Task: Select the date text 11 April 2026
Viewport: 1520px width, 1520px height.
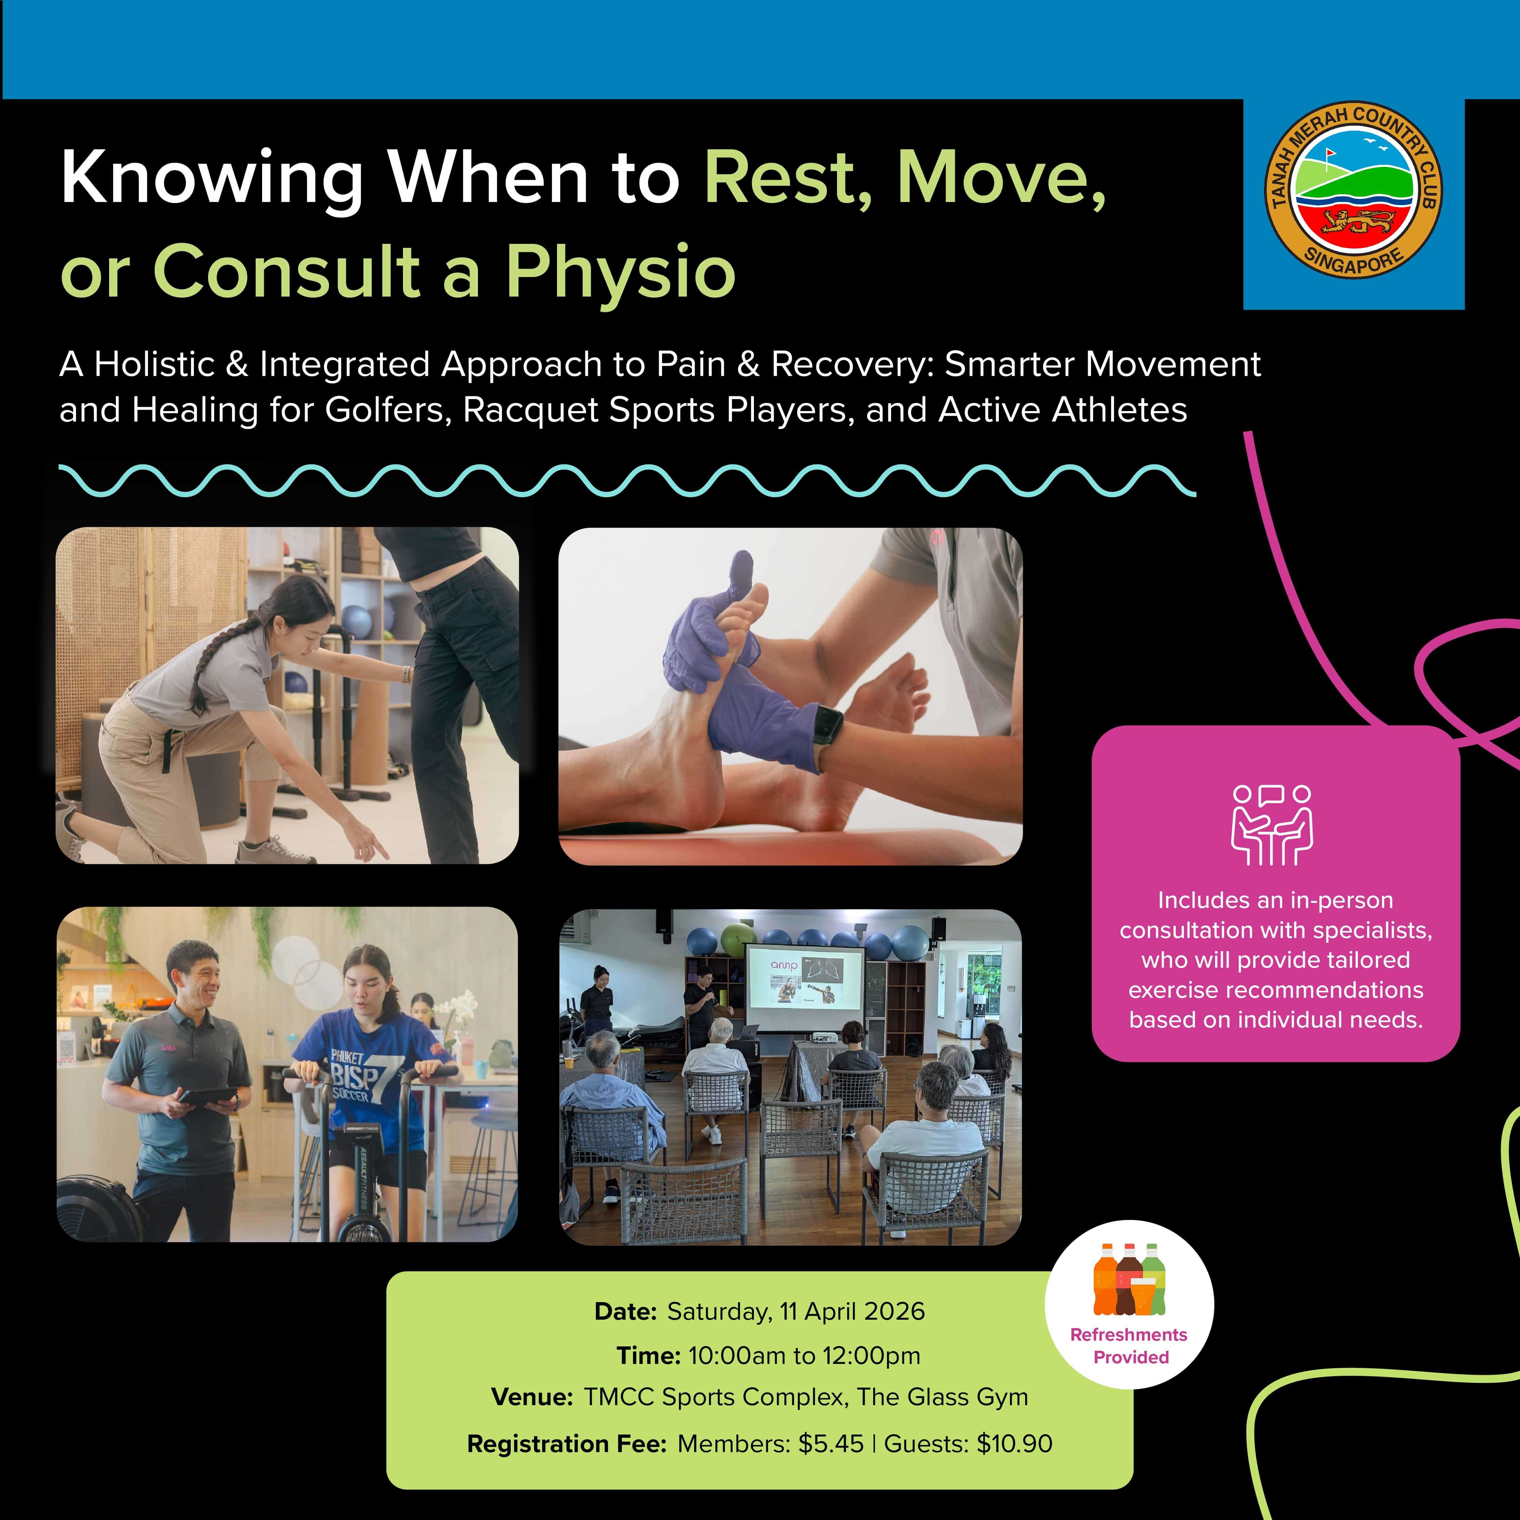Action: click(852, 1312)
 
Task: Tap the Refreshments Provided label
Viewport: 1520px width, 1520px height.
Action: click(1129, 1346)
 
